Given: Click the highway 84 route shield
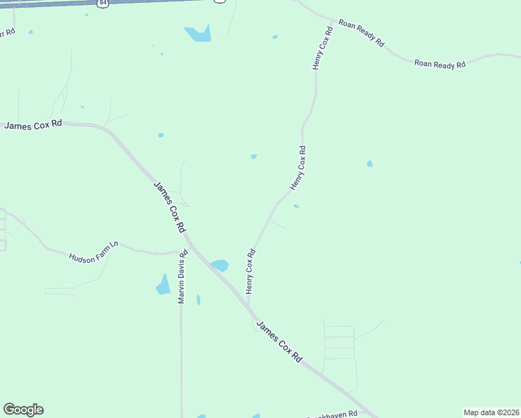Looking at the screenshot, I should pyautogui.click(x=104, y=3).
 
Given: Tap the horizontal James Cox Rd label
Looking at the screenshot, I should pyautogui.click(x=33, y=125).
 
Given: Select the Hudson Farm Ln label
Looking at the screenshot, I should pyautogui.click(x=93, y=251).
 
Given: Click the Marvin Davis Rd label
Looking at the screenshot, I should pyautogui.click(x=182, y=277).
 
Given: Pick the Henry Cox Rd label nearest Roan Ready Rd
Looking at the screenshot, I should pyautogui.click(x=322, y=48).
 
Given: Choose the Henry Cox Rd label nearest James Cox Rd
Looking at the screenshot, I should pyautogui.click(x=249, y=271).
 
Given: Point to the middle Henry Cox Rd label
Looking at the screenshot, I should pyautogui.click(x=298, y=168).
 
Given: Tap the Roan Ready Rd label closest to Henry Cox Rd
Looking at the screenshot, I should pyautogui.click(x=361, y=33).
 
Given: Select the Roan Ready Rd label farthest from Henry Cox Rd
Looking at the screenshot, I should pyautogui.click(x=440, y=64).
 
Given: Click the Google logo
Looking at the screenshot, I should pyautogui.click(x=23, y=410).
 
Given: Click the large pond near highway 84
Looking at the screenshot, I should pyautogui.click(x=199, y=33).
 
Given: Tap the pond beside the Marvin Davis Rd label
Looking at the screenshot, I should pyautogui.click(x=164, y=285).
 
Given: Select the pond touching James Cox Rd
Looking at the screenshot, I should pyautogui.click(x=219, y=265).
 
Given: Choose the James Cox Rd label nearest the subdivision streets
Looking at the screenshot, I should pyautogui.click(x=279, y=340).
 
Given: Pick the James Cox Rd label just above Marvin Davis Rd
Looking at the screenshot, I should pyautogui.click(x=169, y=207).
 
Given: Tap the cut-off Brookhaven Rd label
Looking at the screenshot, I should pyautogui.click(x=333, y=415).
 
